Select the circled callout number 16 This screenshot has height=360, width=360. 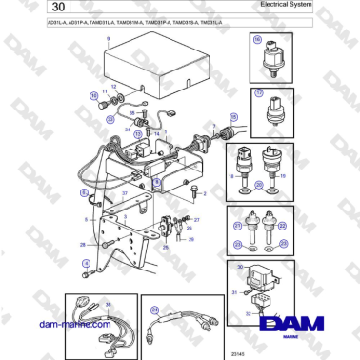pyautogui.click(x=257, y=40)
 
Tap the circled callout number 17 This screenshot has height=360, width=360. pyautogui.click(x=257, y=93)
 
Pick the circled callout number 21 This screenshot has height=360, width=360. pyautogui.click(x=237, y=227)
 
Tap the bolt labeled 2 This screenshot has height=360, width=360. pyautogui.click(x=195, y=191)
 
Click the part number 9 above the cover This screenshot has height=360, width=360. pyautogui.click(x=108, y=38)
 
